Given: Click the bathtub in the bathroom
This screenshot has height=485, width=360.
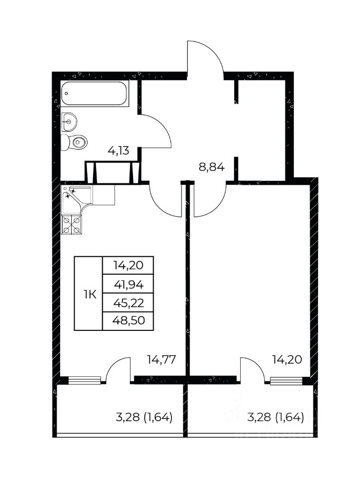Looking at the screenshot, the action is [x=95, y=93].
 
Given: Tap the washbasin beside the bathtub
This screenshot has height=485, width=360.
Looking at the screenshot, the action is [x=69, y=122].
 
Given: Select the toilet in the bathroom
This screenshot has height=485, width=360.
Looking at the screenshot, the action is [x=74, y=142].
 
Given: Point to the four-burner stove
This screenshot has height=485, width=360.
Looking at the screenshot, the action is [x=72, y=224].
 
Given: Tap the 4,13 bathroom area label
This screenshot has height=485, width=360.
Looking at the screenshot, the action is [x=118, y=151].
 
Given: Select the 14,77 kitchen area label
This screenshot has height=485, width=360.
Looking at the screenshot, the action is [x=161, y=359].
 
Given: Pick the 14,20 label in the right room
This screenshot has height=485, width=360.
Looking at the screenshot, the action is [x=287, y=359].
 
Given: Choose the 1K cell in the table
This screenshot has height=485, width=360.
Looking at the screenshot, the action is [x=88, y=293].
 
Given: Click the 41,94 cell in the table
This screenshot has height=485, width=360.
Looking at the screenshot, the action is [x=128, y=284].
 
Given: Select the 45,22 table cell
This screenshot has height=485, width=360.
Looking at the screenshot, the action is [x=128, y=303].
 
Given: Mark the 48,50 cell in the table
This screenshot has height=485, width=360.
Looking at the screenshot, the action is [x=128, y=321].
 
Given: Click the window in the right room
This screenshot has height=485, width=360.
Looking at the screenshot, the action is [x=286, y=381].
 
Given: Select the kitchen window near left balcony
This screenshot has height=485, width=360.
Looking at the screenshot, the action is [x=84, y=380].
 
